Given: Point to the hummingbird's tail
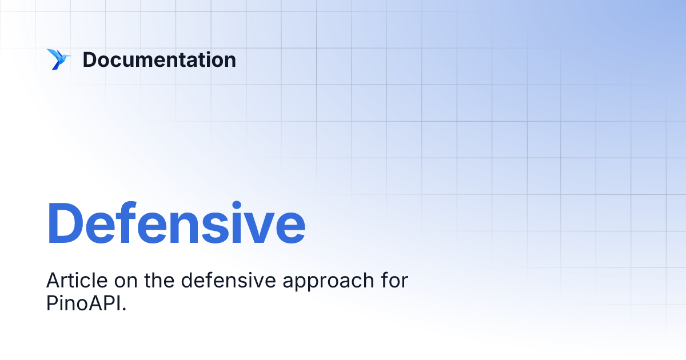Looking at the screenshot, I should [x=54, y=67].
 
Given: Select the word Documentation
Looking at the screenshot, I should [x=159, y=60].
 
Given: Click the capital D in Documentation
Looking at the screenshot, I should [x=89, y=60].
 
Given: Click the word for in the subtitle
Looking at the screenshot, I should [x=394, y=281].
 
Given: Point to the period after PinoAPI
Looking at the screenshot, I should [x=123, y=309].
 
